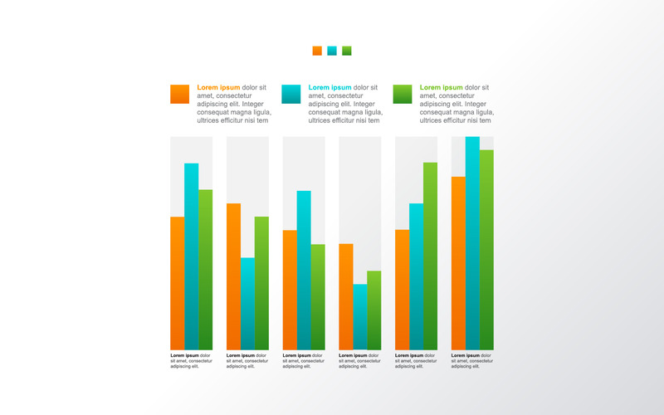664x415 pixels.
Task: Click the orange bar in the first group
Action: pyautogui.click(x=177, y=282)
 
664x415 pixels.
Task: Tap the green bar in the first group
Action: pyautogui.click(x=205, y=269)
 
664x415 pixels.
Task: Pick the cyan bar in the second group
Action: pyautogui.click(x=247, y=303)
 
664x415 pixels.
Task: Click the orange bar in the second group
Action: pyautogui.click(x=233, y=276)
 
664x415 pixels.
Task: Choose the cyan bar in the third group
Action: pyautogui.click(x=304, y=270)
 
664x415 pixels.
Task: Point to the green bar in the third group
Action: pyautogui.click(x=318, y=296)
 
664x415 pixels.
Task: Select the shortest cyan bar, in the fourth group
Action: pyautogui.click(x=359, y=316)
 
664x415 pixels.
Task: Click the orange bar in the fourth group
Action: pyautogui.click(x=346, y=296)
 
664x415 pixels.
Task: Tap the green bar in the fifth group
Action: pyautogui.click(x=430, y=256)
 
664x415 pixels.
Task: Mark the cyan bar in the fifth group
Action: pyautogui.click(x=416, y=276)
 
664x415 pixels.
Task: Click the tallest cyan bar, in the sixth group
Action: pyautogui.click(x=472, y=242)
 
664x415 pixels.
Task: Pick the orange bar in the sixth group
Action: pyautogui.click(x=458, y=262)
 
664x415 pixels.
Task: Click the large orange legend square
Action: pyautogui.click(x=179, y=94)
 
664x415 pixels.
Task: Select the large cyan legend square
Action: pyautogui.click(x=291, y=94)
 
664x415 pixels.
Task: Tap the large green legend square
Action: pyautogui.click(x=403, y=94)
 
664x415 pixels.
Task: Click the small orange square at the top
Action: pyautogui.click(x=317, y=51)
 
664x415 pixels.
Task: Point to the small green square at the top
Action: pyautogui.click(x=346, y=51)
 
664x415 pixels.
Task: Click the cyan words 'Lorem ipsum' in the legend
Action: pyautogui.click(x=330, y=87)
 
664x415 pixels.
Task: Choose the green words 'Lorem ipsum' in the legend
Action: pyautogui.click(x=441, y=87)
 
